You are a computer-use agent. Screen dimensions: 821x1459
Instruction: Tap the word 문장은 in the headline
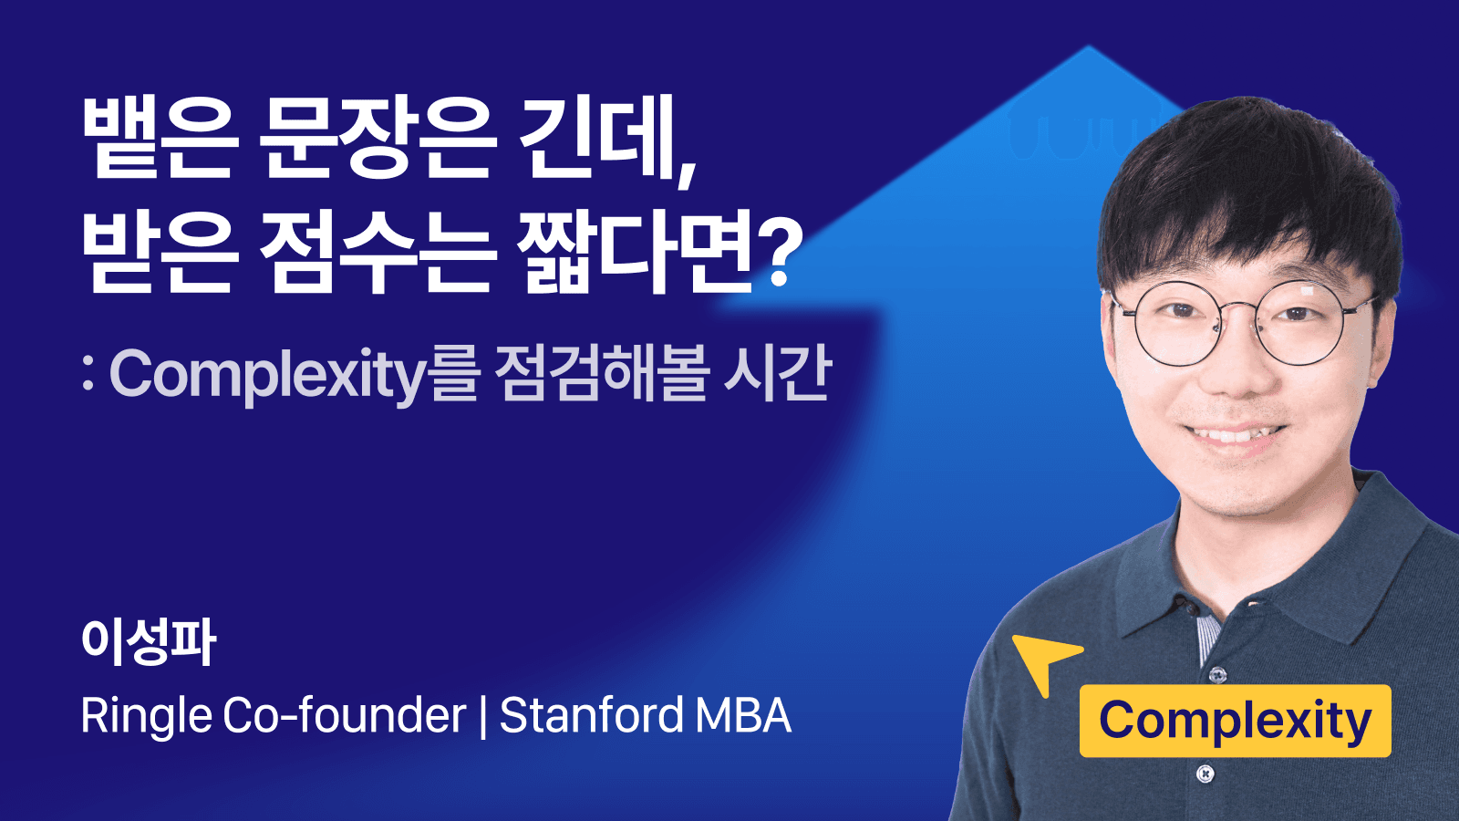click(377, 137)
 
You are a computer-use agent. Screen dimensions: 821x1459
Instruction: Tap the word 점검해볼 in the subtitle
click(601, 374)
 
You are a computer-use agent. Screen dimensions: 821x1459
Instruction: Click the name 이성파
click(149, 641)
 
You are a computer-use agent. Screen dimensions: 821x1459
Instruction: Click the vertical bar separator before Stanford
click(483, 716)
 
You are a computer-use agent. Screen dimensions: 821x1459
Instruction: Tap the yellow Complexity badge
click(1235, 721)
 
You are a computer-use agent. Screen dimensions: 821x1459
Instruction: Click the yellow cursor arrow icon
click(1042, 659)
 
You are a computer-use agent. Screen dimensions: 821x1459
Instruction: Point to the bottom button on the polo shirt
click(1205, 774)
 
